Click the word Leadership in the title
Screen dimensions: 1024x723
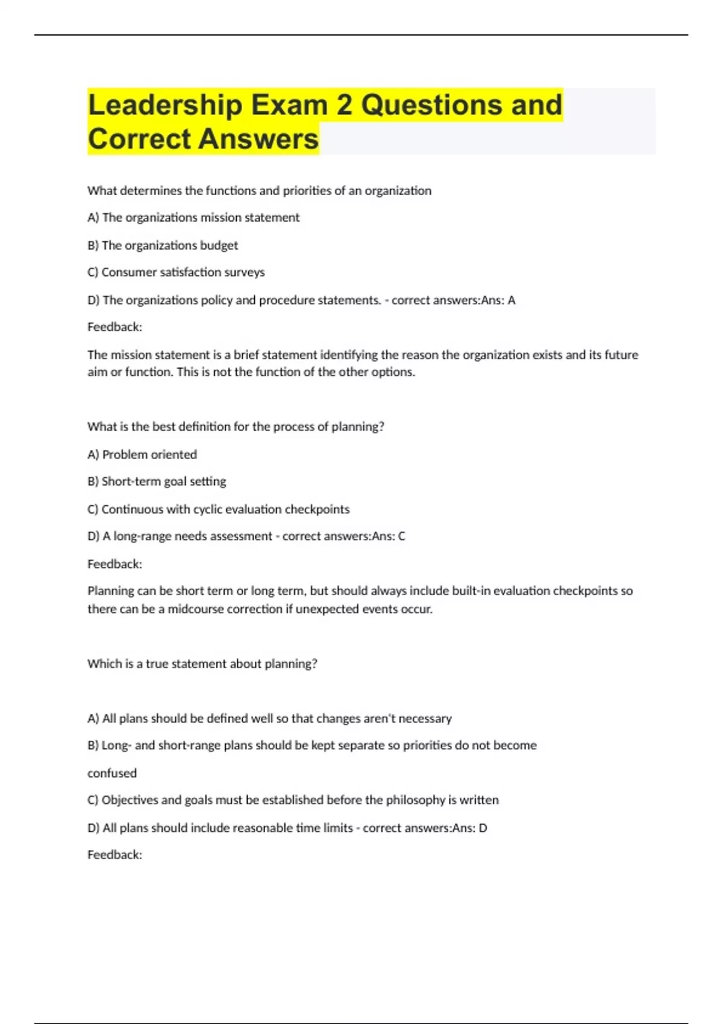coord(164,105)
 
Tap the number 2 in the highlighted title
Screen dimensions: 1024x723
coord(344,105)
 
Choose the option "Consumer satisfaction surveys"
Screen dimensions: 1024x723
coord(183,272)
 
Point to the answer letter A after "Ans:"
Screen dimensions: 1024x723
coord(512,300)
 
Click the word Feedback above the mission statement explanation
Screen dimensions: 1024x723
coord(114,327)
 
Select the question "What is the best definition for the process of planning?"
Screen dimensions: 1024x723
coord(236,426)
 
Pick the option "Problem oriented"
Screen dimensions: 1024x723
coord(149,454)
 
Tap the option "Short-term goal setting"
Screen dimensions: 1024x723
coord(163,481)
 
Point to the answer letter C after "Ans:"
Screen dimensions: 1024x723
coord(401,536)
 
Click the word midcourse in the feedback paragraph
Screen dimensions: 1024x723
coord(196,609)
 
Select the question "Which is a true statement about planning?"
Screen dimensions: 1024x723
coord(202,664)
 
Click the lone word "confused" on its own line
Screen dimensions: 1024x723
coord(112,773)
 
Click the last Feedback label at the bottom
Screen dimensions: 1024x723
coord(114,855)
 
